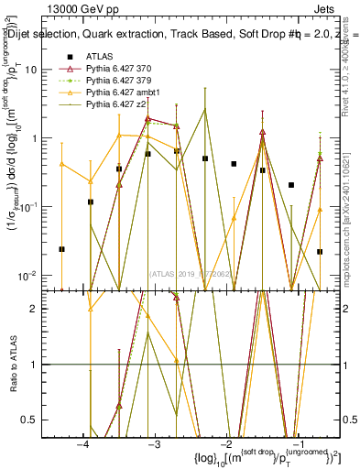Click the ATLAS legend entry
click(x=100, y=57)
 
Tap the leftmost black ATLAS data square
click(x=61, y=249)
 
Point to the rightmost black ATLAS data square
click(x=320, y=251)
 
